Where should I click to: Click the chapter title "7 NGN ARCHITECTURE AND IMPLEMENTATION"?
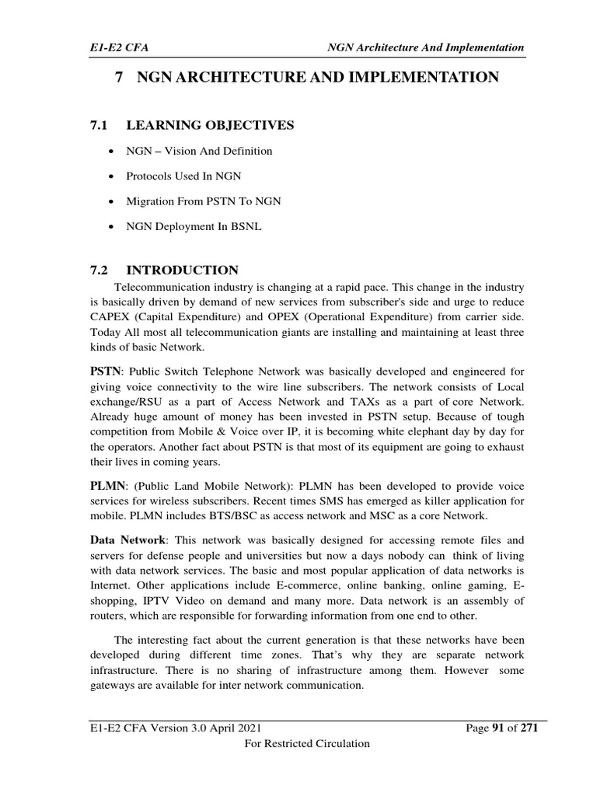(x=306, y=77)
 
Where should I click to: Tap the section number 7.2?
(x=101, y=270)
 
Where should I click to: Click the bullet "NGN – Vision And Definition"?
(x=200, y=150)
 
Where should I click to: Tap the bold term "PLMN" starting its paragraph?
(x=106, y=484)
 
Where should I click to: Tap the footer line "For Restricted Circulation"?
(x=307, y=744)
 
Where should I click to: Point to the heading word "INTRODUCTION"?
(x=183, y=270)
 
